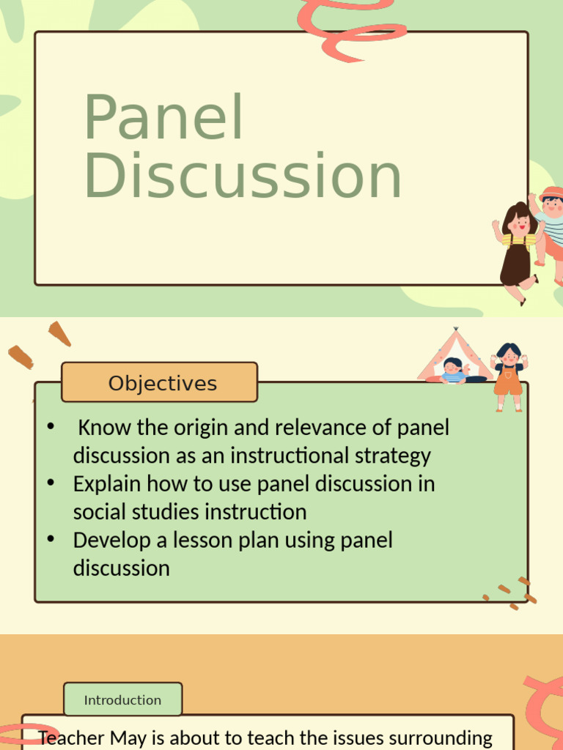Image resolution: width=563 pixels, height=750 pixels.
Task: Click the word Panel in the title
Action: click(163, 119)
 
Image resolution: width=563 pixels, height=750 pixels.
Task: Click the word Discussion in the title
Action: click(243, 176)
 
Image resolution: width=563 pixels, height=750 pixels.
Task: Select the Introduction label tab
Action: click(122, 699)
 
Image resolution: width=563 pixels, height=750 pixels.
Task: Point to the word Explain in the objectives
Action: click(107, 484)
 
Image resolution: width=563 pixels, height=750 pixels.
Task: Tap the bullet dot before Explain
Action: click(51, 483)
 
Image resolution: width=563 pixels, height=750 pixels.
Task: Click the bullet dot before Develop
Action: click(51, 540)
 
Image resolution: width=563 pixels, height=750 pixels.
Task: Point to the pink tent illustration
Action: click(455, 355)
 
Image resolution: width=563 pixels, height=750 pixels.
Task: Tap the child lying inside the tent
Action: click(455, 371)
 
